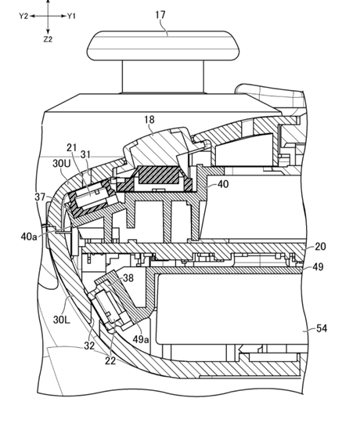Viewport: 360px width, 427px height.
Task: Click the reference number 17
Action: [x=160, y=14]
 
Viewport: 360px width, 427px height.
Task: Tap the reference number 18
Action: [x=149, y=120]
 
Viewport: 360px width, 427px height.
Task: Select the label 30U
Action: [x=62, y=164]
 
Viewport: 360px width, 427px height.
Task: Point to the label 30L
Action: [x=62, y=320]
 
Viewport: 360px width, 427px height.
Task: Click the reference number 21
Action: [x=71, y=148]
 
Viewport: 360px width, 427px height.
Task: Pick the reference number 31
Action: [x=85, y=154]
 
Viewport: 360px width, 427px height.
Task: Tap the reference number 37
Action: [x=40, y=197]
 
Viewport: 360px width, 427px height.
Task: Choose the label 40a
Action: [x=29, y=237]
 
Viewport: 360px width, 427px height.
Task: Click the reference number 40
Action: [x=223, y=184]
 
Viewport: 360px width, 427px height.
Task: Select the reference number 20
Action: [x=320, y=247]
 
